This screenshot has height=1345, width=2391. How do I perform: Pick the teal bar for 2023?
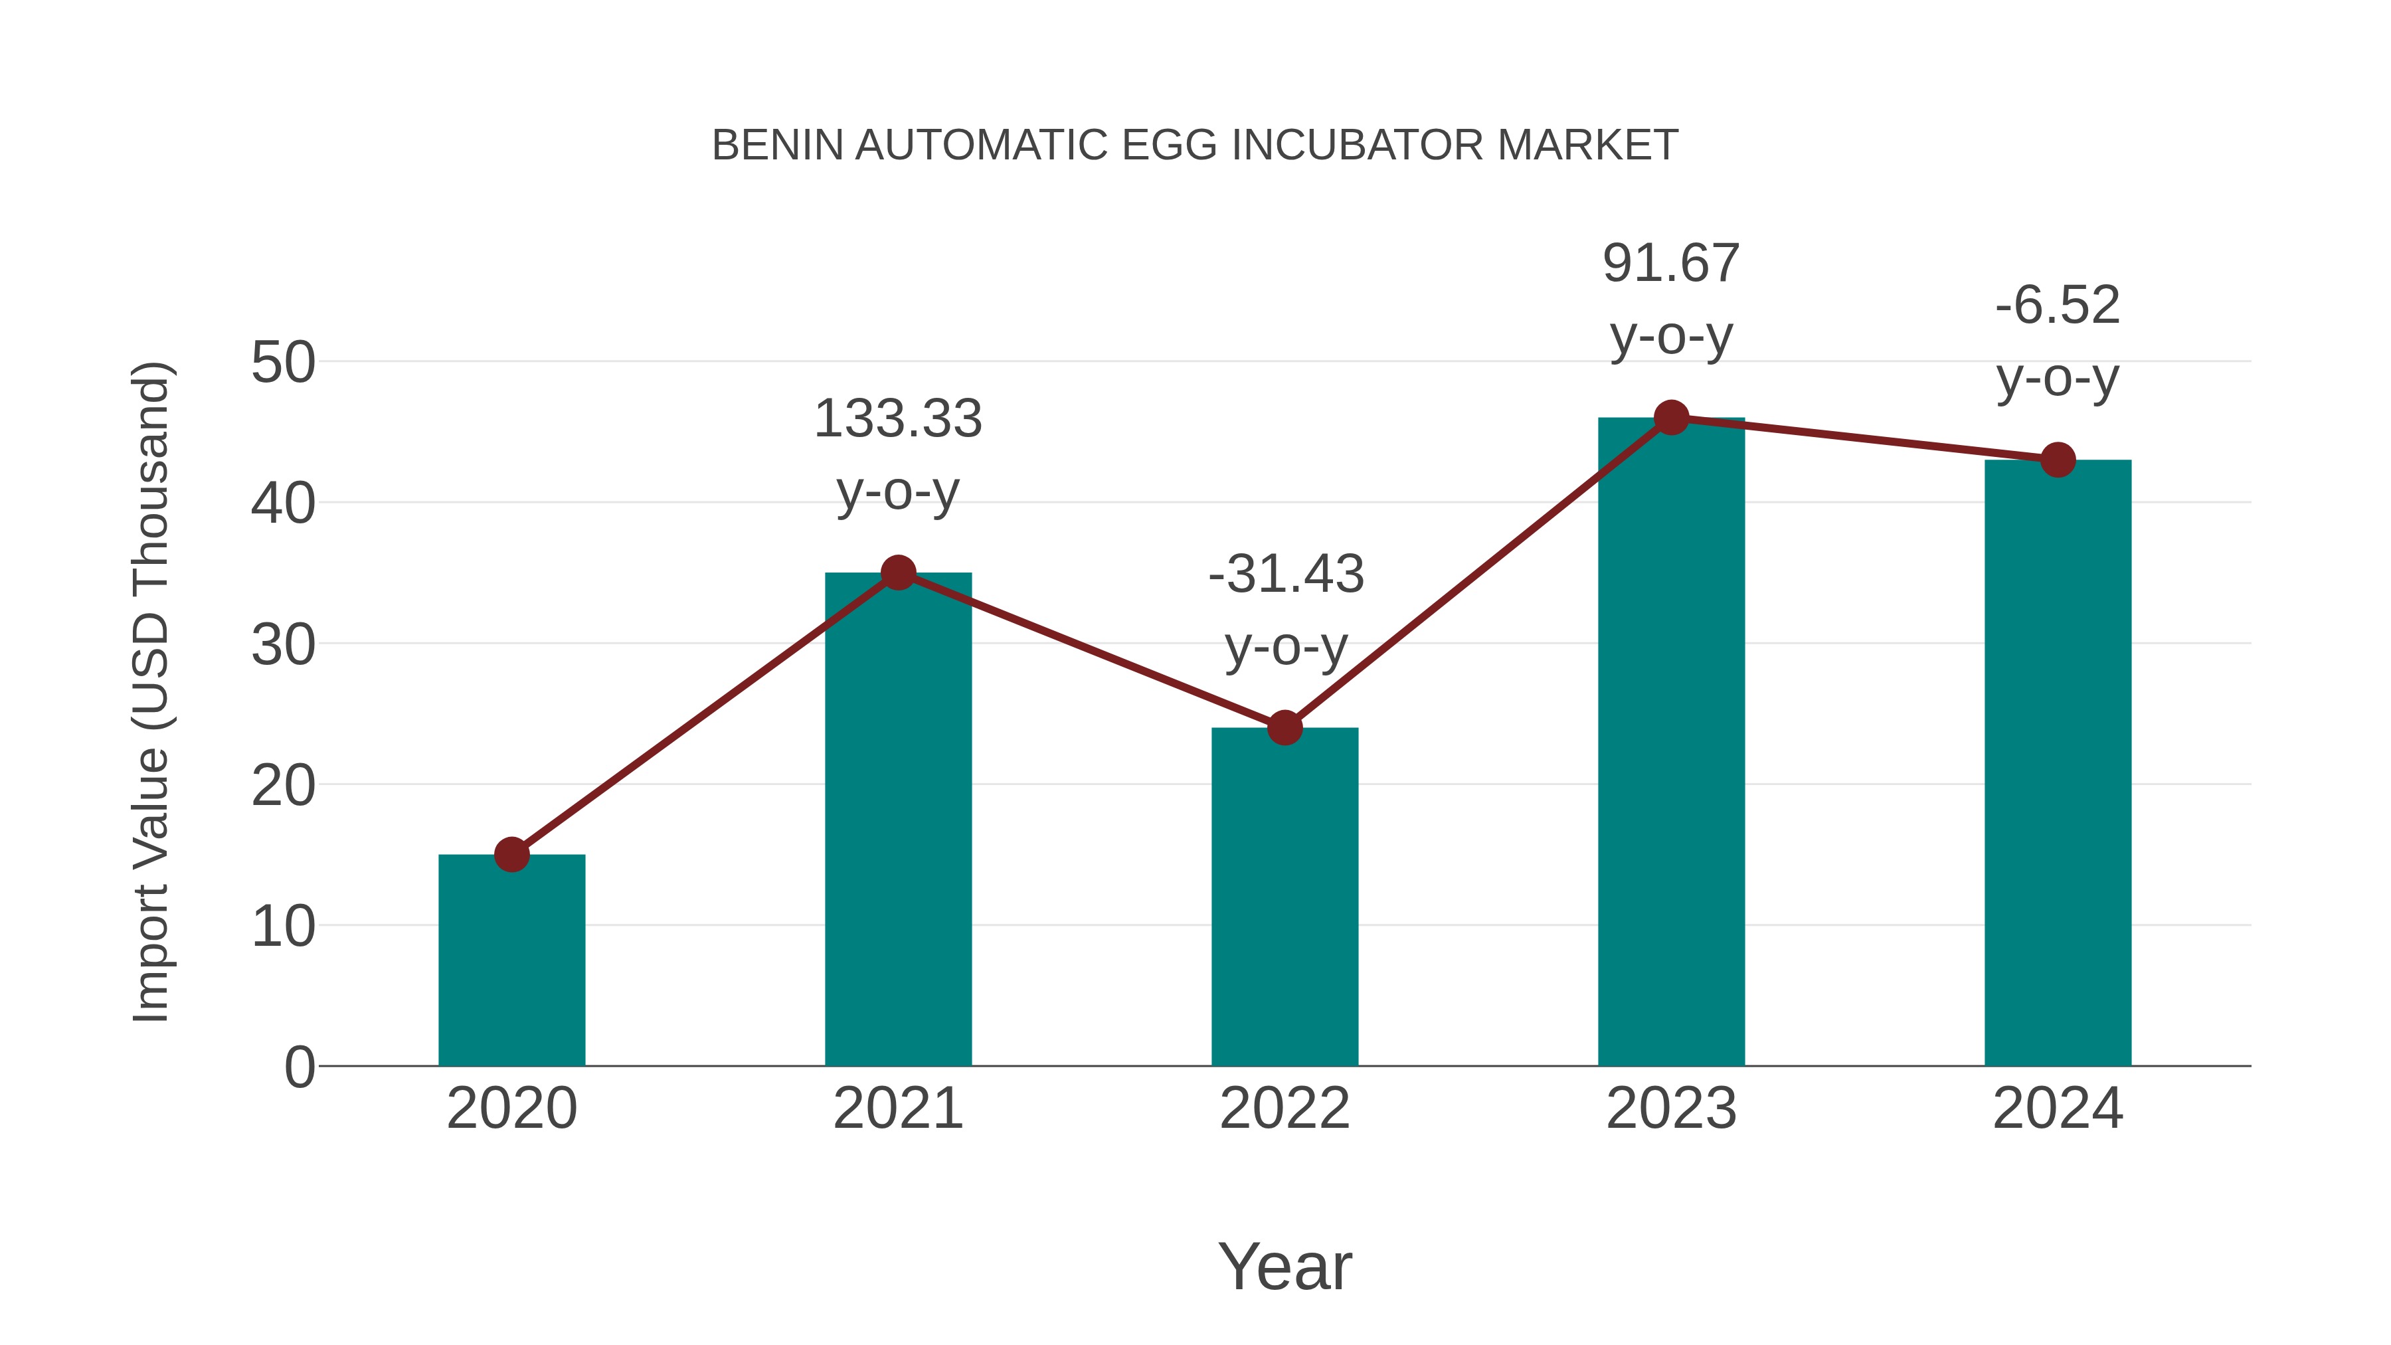tap(1671, 743)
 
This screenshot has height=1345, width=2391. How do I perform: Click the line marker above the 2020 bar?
tap(511, 854)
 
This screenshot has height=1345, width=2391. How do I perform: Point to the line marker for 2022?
tap(1284, 728)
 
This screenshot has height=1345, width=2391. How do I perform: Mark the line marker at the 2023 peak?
tap(1671, 418)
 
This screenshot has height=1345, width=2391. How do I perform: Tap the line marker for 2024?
tap(2058, 460)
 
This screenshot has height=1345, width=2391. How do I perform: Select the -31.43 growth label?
tap(1286, 574)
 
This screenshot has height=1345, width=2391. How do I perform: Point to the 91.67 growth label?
tap(1671, 264)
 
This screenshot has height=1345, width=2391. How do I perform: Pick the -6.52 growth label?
tap(2058, 306)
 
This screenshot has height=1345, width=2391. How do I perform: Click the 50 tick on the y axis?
tap(283, 362)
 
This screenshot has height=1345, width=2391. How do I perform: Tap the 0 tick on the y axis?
tap(300, 1067)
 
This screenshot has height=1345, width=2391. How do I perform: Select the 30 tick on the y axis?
tap(283, 644)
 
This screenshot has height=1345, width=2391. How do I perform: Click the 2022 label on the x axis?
tap(1284, 1109)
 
